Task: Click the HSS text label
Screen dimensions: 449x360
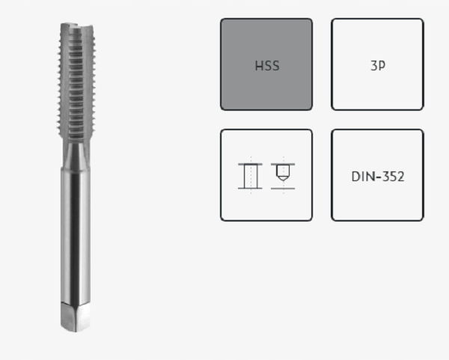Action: (x=267, y=66)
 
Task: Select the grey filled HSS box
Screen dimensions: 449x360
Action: (x=266, y=64)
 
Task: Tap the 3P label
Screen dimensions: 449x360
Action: (x=378, y=66)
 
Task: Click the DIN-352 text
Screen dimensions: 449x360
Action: (x=378, y=177)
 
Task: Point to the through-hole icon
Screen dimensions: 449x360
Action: (x=250, y=176)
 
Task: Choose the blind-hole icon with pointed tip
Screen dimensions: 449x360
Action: (x=283, y=176)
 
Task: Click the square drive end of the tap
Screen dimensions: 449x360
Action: (x=76, y=317)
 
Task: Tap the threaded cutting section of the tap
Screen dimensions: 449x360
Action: (x=76, y=82)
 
